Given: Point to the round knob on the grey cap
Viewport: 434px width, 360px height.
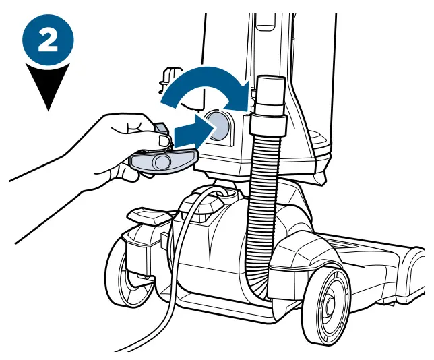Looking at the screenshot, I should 162,162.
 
